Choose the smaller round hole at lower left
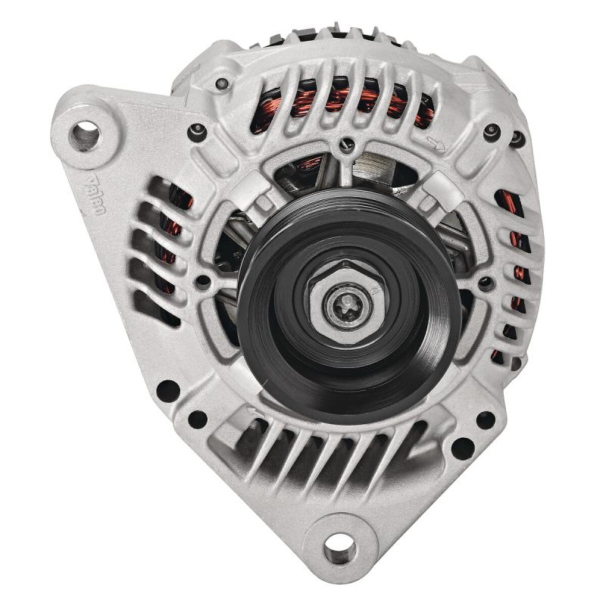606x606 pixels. pos(198,418)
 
